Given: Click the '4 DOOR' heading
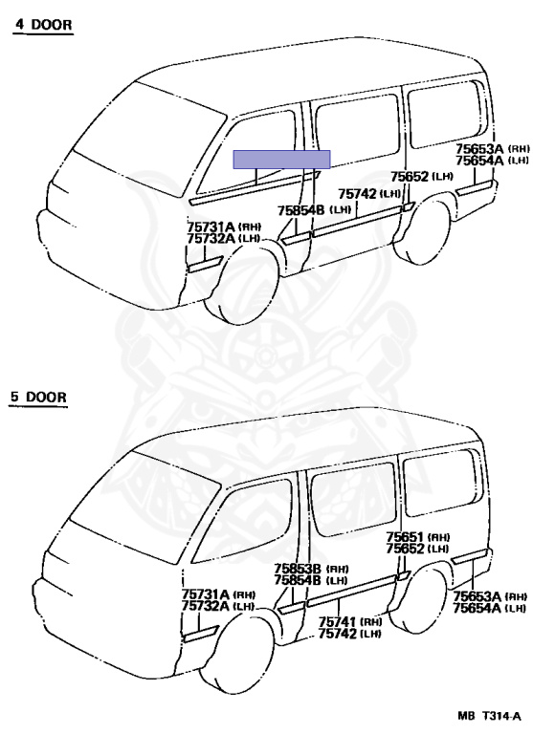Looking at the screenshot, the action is coord(43,24).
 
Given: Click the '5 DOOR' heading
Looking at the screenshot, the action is coord(39,397).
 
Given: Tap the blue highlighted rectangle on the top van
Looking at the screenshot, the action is coord(281,160).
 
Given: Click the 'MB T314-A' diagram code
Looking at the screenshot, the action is coord(489,716).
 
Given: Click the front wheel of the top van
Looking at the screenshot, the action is coord(243,283).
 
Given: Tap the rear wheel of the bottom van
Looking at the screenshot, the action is coord(418,600).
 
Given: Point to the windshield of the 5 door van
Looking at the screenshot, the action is coord(136,507).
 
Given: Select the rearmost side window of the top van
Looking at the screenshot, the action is coord(445,114).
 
